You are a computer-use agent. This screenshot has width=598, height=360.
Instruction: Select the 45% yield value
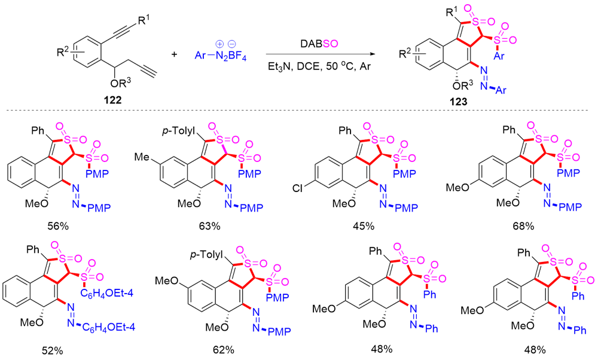(364, 225)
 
